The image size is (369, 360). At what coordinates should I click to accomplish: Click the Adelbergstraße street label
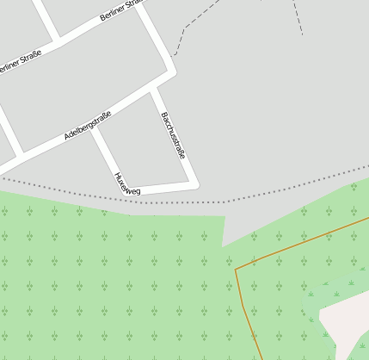click(88, 126)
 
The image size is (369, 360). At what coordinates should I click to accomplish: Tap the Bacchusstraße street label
click(173, 135)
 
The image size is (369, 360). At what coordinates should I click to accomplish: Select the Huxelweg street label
click(127, 183)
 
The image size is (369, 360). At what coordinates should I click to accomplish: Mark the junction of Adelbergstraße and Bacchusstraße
click(155, 87)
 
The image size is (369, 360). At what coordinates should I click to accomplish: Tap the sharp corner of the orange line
click(236, 269)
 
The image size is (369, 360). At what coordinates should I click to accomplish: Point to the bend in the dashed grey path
click(183, 28)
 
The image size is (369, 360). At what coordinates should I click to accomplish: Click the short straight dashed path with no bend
click(298, 16)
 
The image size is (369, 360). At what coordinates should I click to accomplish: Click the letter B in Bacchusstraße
click(163, 115)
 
